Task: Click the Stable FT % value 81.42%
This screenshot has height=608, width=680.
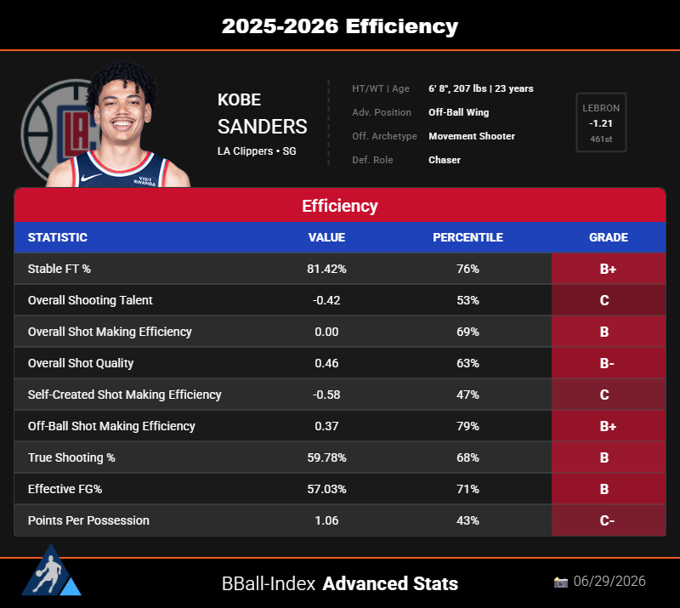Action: point(326,269)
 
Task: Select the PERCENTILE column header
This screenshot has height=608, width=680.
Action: point(468,237)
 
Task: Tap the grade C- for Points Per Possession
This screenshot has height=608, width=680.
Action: point(607,520)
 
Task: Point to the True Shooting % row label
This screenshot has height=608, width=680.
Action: point(71,457)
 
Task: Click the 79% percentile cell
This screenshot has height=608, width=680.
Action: point(468,426)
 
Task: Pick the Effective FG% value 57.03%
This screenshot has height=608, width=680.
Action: point(326,489)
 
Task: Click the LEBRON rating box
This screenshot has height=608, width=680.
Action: point(601,122)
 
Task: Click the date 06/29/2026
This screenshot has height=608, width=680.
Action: point(609,581)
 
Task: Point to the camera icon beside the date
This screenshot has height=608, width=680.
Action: point(561,582)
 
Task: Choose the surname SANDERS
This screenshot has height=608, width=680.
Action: point(263,127)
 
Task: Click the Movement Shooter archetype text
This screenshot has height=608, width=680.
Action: point(472,136)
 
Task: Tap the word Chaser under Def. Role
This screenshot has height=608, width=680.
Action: point(445,160)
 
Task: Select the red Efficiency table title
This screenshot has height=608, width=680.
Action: point(340,206)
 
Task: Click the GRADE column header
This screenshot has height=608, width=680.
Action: point(609,237)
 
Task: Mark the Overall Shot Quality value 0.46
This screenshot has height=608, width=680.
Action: point(326,363)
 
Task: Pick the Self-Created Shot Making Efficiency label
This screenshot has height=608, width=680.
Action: point(124,395)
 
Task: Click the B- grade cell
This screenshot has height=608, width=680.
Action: point(609,363)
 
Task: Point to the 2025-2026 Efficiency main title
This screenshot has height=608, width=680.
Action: point(340,26)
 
